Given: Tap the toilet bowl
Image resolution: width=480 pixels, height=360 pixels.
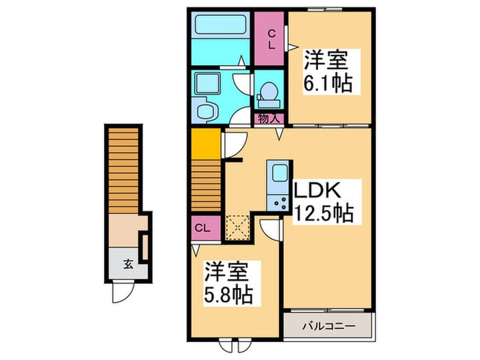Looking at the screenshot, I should coord(269,91).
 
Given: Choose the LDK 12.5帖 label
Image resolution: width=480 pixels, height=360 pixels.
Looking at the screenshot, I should coord(323,202).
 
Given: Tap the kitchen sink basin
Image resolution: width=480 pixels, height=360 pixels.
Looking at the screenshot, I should coord(279,173).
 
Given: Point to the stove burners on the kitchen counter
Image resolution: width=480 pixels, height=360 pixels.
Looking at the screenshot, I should coord(278,202).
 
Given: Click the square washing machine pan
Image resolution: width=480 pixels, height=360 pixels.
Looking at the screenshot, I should coord(205,84).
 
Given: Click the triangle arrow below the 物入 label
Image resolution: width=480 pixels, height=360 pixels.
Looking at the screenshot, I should coord(279,135).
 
